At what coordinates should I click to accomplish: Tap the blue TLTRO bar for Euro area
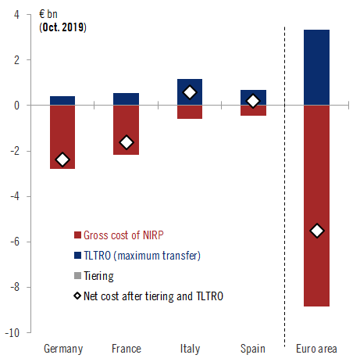tap(316, 67)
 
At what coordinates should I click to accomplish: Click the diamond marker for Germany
tap(62, 159)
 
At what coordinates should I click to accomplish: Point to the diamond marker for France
tap(126, 142)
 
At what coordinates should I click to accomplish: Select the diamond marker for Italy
tap(190, 92)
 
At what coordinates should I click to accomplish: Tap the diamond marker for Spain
tap(253, 101)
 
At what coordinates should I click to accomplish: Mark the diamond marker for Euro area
tap(316, 231)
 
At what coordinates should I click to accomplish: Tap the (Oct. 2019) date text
tap(63, 27)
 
